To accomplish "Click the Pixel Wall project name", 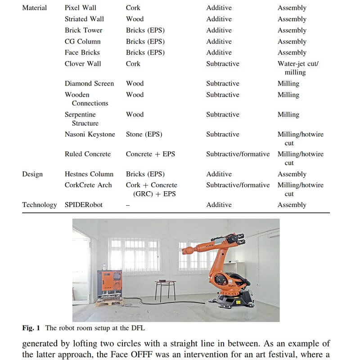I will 80,8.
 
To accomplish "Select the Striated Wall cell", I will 84,19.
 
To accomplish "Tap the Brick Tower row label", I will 83,30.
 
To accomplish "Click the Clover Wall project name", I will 83,63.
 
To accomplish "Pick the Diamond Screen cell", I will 89,83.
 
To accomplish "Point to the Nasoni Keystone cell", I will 90,134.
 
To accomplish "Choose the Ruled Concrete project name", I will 87,154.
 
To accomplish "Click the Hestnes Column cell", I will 89,174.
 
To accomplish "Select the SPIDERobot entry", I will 83,205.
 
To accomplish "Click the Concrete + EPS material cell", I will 150,154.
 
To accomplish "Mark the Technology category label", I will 40,205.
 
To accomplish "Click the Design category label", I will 32,174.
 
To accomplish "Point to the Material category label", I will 34,8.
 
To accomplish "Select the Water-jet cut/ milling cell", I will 297,67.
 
